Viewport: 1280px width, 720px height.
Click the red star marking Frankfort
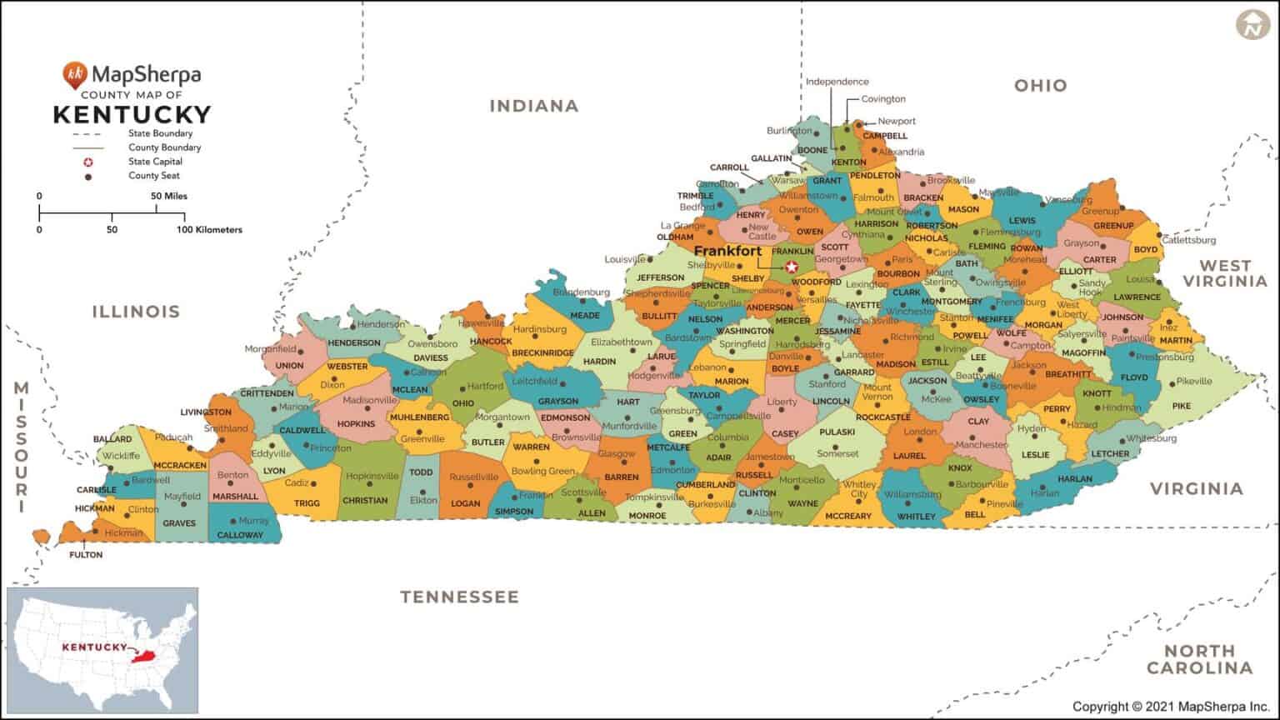pos(792,267)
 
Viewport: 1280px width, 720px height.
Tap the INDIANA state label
pos(533,106)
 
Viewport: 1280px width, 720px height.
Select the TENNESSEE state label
pos(459,597)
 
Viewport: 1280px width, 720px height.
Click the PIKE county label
pos(1182,406)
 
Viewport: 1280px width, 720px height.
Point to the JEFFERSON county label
pos(661,277)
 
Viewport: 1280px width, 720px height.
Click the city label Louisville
pos(625,259)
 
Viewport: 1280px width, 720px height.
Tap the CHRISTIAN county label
pos(365,501)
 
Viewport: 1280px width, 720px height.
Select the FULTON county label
pos(86,554)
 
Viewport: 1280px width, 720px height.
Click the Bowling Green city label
pos(542,471)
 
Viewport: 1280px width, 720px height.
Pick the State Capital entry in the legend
pos(155,162)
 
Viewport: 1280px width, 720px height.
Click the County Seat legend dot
pos(87,176)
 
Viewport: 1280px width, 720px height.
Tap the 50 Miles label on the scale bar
pos(169,196)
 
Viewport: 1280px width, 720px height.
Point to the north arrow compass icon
pos(1251,26)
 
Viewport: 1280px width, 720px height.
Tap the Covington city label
pos(882,99)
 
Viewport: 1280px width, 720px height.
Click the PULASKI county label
pos(837,432)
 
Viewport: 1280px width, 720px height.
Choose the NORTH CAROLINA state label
pos(1199,659)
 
